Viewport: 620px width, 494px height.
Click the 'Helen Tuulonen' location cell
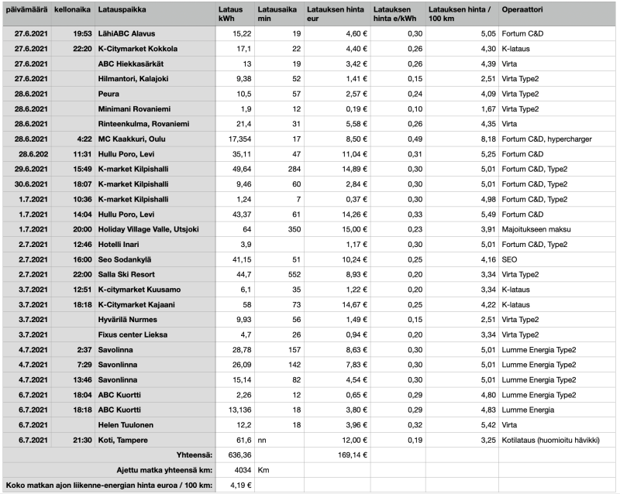pyautogui.click(x=125, y=424)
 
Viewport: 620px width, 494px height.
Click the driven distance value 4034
pyautogui.click(x=233, y=469)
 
